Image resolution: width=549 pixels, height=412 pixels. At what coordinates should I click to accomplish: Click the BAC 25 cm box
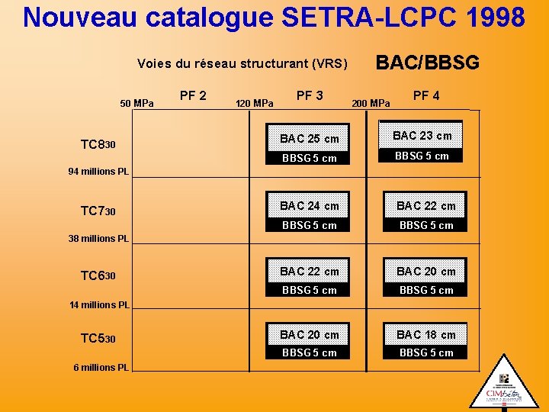pos(310,139)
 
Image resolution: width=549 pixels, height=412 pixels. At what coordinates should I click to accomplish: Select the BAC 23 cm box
pos(422,136)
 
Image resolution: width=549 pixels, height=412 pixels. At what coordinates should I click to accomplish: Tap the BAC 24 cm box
pos(310,205)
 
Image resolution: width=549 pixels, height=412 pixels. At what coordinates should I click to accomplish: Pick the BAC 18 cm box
pos(426,334)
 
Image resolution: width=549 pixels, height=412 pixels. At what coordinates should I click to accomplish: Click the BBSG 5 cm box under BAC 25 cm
pos(310,158)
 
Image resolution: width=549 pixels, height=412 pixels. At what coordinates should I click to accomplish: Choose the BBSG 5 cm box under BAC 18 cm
pos(426,352)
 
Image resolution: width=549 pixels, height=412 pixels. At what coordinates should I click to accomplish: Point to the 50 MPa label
pos(137,103)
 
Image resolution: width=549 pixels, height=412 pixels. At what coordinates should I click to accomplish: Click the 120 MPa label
pos(255,103)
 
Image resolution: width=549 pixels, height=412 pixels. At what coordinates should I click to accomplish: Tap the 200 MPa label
pos(371,103)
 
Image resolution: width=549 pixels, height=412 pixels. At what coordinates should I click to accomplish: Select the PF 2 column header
pos(193,95)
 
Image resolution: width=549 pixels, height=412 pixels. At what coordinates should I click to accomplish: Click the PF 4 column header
pos(425,95)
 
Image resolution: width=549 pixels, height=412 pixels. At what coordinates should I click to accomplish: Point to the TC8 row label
pos(98,144)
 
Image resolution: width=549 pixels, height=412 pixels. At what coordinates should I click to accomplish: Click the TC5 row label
pos(98,338)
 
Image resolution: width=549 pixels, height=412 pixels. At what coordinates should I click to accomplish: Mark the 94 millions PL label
pos(98,172)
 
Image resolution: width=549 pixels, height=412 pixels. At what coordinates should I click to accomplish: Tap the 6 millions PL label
pos(101,368)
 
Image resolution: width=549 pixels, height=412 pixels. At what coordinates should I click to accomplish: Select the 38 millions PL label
pos(98,239)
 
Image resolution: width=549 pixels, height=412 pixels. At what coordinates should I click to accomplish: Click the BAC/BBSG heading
pos(428,62)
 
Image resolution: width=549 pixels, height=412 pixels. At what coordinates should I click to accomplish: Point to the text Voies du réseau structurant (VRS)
pos(242,63)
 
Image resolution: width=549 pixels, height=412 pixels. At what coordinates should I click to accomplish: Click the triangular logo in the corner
pos(504,385)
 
